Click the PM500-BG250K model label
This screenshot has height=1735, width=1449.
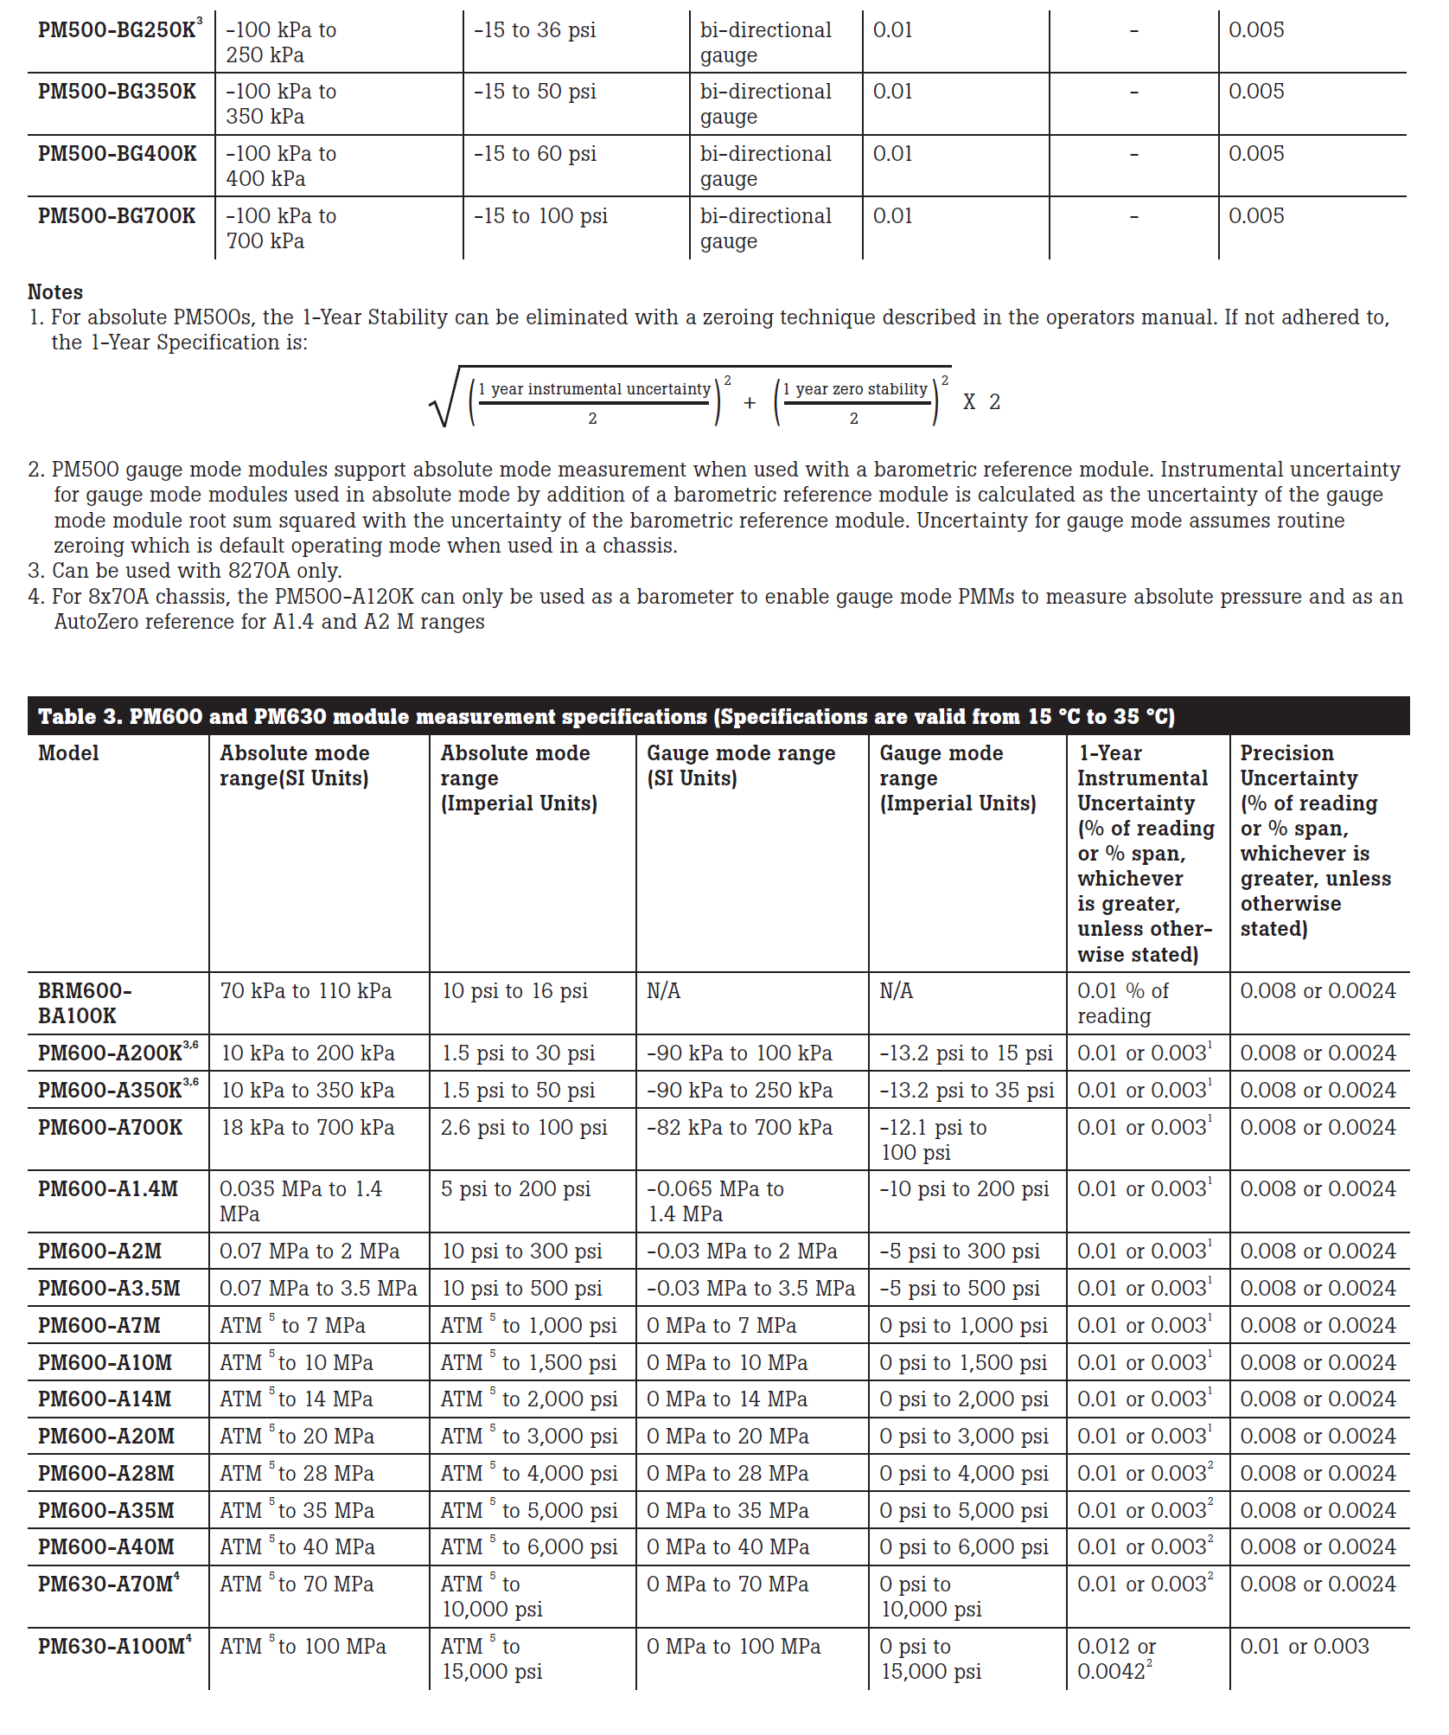point(117,30)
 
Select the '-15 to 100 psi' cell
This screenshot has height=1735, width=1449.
point(540,216)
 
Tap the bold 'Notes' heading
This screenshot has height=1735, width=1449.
point(55,292)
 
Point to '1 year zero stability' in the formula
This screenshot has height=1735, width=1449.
point(855,389)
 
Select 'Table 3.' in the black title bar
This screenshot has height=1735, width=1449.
point(80,717)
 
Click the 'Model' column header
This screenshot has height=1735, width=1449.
point(68,753)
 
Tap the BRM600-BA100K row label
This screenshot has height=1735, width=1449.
point(85,1003)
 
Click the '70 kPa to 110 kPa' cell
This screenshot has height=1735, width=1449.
point(306,991)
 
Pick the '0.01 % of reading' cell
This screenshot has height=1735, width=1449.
point(1122,1003)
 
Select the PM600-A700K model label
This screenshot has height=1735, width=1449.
point(110,1128)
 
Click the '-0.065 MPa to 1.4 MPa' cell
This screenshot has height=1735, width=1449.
point(715,1201)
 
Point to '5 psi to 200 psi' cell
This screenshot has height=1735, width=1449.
point(516,1189)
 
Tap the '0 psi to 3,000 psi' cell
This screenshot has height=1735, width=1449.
point(964,1437)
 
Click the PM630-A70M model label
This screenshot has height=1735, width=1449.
point(108,1585)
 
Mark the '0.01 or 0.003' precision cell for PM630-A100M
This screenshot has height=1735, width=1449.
point(1305,1647)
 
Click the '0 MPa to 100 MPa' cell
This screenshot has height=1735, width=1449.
point(733,1647)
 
